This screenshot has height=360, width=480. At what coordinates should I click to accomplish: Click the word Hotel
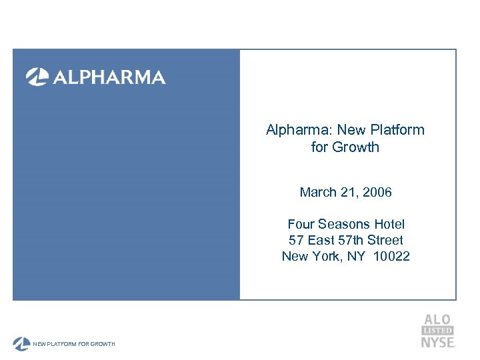[389, 225]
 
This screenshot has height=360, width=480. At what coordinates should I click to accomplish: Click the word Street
[386, 241]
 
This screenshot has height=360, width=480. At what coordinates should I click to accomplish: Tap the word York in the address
[325, 257]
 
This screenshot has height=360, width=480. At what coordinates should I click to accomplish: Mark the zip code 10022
[392, 257]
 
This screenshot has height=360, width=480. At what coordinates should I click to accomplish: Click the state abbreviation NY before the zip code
[357, 257]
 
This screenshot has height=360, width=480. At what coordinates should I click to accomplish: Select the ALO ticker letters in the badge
[437, 321]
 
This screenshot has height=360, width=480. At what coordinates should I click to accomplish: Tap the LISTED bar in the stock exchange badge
[437, 331]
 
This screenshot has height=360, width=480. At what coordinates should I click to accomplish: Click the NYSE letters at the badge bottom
[437, 342]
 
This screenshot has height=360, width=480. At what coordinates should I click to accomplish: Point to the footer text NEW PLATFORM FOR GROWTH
[75, 344]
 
